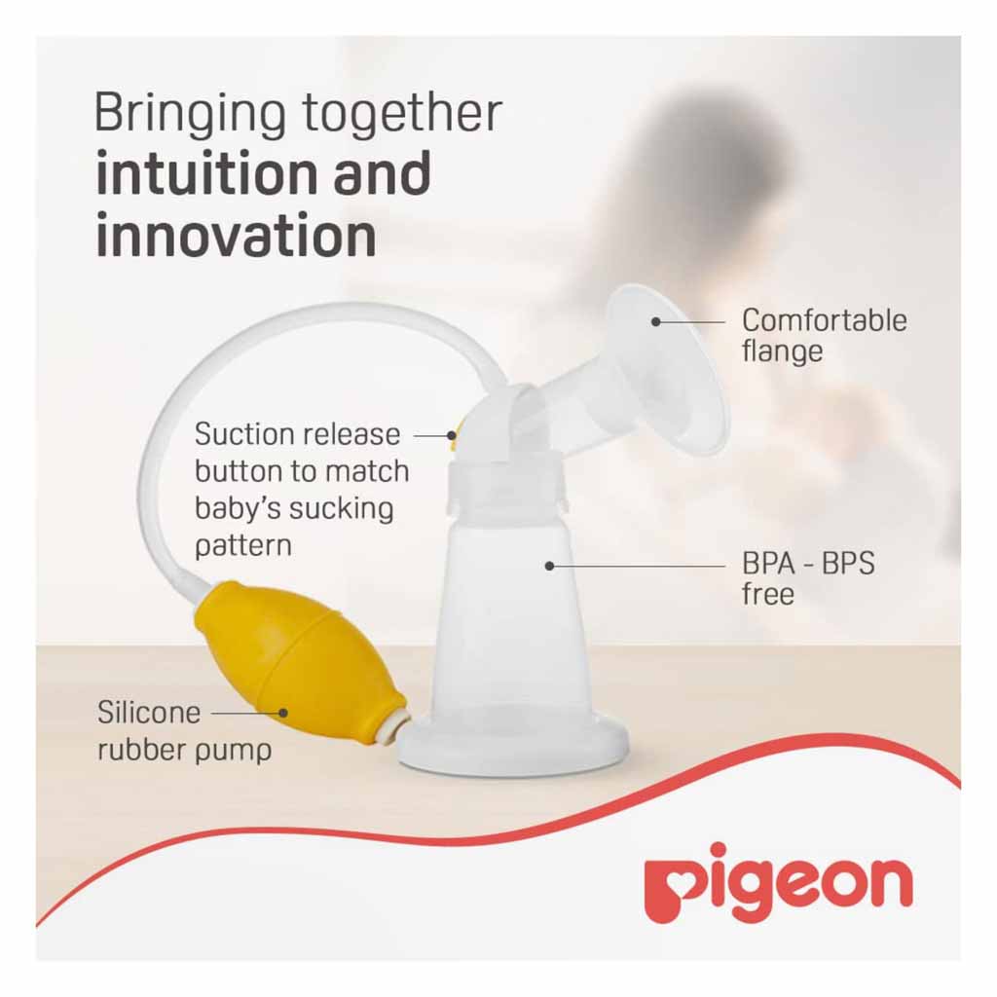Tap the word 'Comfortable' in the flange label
824,320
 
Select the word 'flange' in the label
782,351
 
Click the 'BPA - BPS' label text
808,565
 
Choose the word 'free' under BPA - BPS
768,594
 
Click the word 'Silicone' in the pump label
149,712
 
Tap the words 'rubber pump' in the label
184,751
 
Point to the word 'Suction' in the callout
243,433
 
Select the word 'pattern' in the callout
243,544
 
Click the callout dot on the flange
656,321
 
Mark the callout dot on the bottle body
550,565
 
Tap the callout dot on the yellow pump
283,713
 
